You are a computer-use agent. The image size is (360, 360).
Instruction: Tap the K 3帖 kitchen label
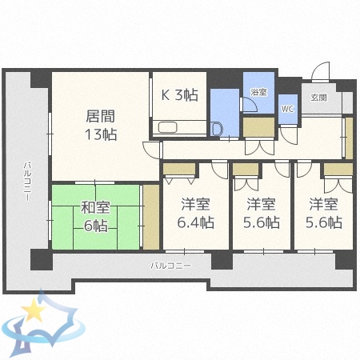(x=180, y=94)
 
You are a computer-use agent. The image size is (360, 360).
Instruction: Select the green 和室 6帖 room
(x=95, y=217)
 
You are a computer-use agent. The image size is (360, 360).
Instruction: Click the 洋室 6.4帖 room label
(x=194, y=213)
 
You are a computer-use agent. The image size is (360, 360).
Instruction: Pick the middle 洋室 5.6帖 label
(x=262, y=213)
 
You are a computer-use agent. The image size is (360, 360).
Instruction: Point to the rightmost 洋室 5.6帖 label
(x=325, y=213)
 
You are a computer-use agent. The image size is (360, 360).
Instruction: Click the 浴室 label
(x=258, y=93)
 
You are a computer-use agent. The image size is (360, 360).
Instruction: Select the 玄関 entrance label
(x=318, y=97)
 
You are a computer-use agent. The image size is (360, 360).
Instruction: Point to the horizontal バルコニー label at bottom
(x=170, y=265)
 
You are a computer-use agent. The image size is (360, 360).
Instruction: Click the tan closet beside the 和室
(x=150, y=216)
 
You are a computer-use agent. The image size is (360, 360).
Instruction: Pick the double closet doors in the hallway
(x=258, y=147)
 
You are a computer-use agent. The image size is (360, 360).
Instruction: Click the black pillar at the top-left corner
(x=41, y=79)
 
